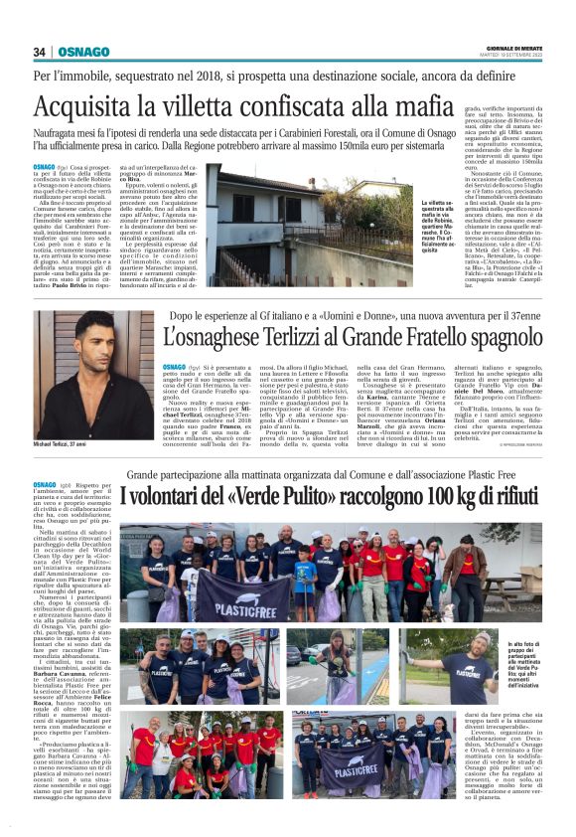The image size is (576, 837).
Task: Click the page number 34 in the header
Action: click(x=39, y=52)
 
